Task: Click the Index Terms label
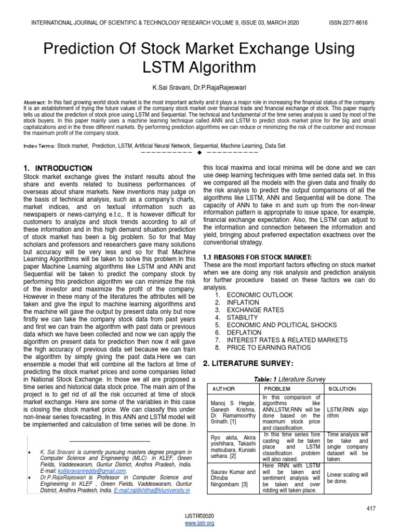pos(39,147)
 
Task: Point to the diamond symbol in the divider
pos(199,154)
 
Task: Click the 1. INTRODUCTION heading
pos(58,168)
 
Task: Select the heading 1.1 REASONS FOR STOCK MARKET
pos(257,258)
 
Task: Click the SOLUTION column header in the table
pos(342,389)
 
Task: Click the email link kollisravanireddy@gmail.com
pos(99,471)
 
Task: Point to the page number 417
pos(370,509)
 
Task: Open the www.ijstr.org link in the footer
pos(199,523)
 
